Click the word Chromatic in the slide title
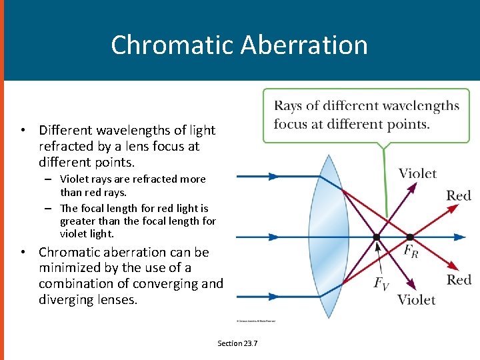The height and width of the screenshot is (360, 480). (171, 45)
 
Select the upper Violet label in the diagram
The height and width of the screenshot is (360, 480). (417, 174)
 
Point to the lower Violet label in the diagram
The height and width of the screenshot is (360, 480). (417, 299)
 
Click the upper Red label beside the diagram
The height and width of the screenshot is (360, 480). (459, 195)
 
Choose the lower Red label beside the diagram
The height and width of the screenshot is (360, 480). (459, 279)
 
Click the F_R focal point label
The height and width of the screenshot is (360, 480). (411, 251)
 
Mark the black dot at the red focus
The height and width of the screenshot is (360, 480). (410, 237)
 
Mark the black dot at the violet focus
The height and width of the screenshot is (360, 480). (377, 237)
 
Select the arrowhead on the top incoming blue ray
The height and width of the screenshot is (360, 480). (273, 177)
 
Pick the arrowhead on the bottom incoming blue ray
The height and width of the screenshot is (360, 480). (273, 297)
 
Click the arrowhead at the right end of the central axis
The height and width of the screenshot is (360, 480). (460, 237)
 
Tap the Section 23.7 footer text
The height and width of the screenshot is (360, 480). (237, 343)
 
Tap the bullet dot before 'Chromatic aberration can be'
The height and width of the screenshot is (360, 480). (23, 253)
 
